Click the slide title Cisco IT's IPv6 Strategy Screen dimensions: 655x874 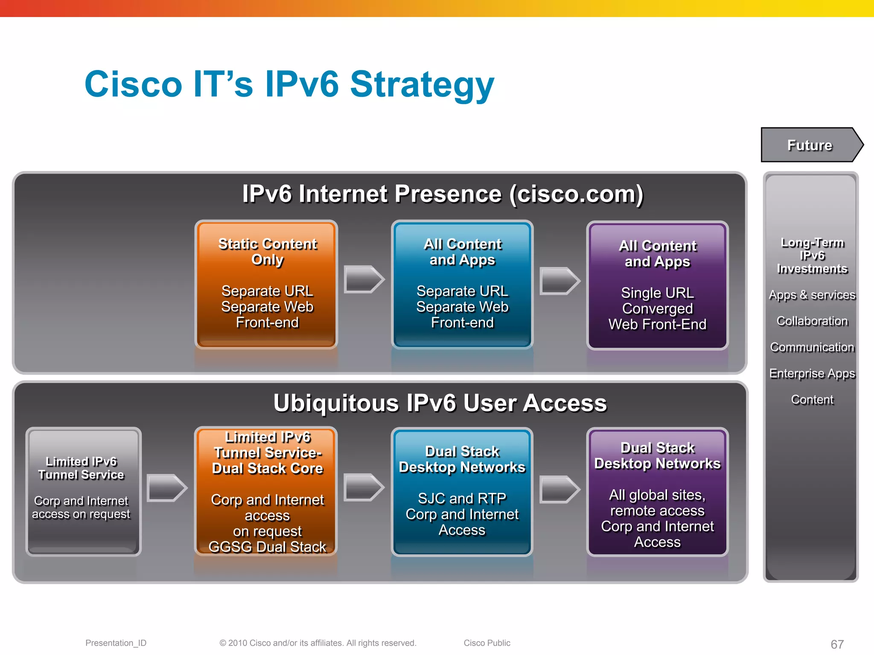(289, 84)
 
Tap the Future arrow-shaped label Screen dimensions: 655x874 (810, 145)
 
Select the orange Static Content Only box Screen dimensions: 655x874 (267, 284)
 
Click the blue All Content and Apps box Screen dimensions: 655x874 (462, 284)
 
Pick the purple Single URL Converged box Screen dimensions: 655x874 (657, 285)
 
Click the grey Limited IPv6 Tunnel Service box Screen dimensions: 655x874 (83, 491)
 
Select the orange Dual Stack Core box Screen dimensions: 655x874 (267, 491)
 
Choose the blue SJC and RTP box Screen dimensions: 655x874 (462, 491)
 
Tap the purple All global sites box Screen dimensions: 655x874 (657, 491)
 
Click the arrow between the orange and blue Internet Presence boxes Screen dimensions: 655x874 (364, 279)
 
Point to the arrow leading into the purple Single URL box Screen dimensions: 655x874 (559, 281)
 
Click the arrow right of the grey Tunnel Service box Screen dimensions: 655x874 (166, 487)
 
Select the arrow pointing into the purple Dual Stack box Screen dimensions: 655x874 (559, 489)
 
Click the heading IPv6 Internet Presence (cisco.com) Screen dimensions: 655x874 (443, 194)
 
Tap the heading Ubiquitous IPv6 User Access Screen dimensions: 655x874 (440, 403)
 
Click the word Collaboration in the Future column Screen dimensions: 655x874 (812, 321)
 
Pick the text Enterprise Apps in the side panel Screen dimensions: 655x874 (812, 374)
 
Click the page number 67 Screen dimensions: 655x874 (837, 644)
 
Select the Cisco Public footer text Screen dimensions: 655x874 (487, 643)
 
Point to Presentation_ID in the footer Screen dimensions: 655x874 (116, 643)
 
